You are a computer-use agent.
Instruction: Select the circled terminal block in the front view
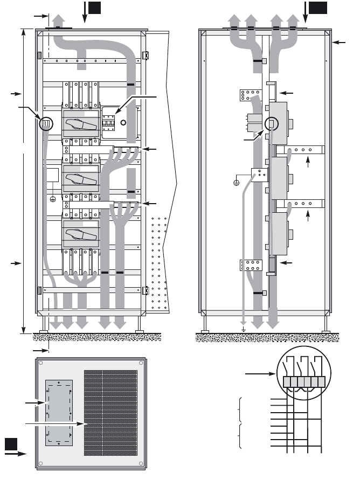tap(47, 124)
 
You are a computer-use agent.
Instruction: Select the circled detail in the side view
tap(272, 124)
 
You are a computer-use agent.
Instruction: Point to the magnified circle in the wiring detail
tap(304, 374)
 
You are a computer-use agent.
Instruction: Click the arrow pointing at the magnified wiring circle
tap(261, 373)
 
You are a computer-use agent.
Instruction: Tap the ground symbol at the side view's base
tap(244, 329)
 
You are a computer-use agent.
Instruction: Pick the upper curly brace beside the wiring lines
tap(238, 409)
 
